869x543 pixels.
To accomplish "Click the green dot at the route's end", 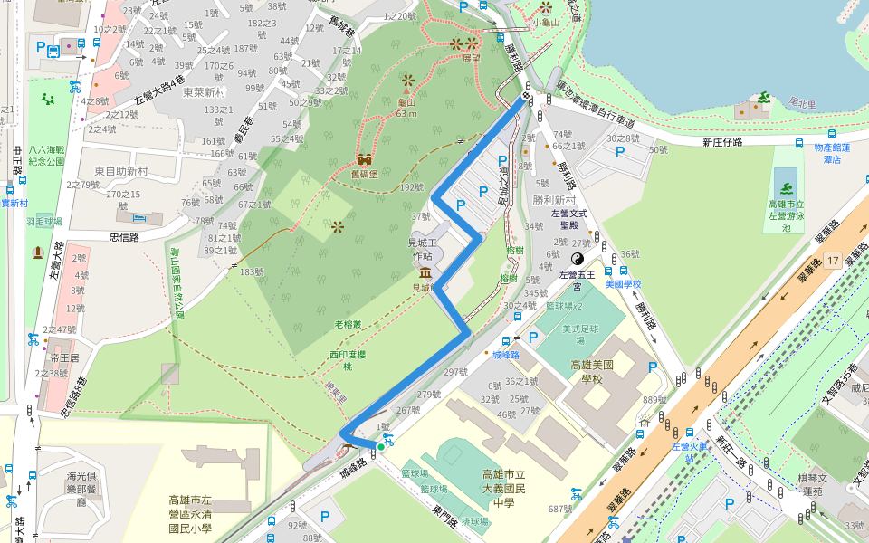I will pos(381,446).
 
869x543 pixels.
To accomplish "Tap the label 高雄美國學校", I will pos(593,371).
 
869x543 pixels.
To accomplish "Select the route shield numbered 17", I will pos(833,261).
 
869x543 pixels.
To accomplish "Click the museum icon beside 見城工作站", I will pos(425,272).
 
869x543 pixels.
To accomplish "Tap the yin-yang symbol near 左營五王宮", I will pos(578,258).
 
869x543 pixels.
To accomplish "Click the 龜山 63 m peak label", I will pos(406,108).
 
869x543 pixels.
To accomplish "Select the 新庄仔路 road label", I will pos(721,142).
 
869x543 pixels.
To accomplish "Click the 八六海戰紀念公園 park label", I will pos(46,156).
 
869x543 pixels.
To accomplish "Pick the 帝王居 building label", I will pos(66,358).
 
